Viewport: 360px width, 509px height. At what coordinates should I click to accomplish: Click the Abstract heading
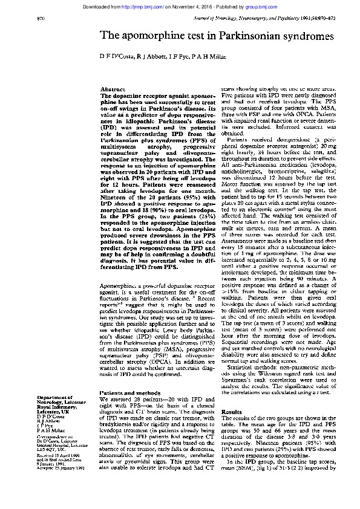[x=112, y=89]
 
